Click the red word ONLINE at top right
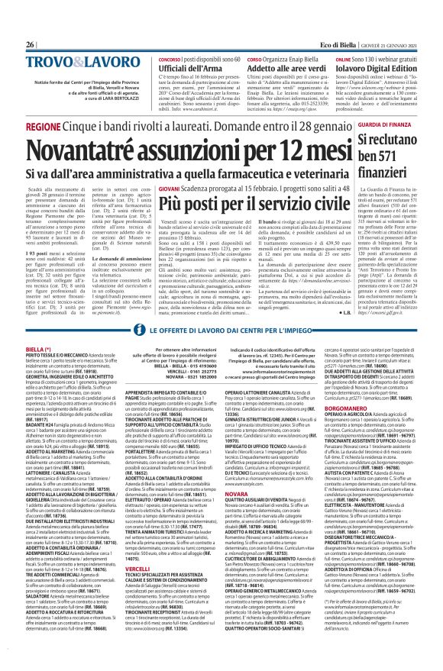(x=343, y=57)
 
